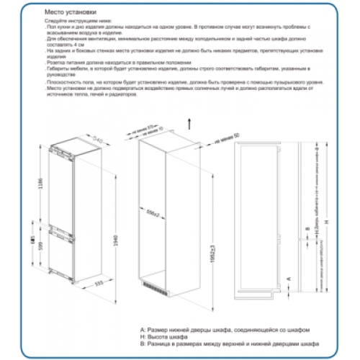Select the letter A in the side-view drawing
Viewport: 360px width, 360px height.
[288, 276]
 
